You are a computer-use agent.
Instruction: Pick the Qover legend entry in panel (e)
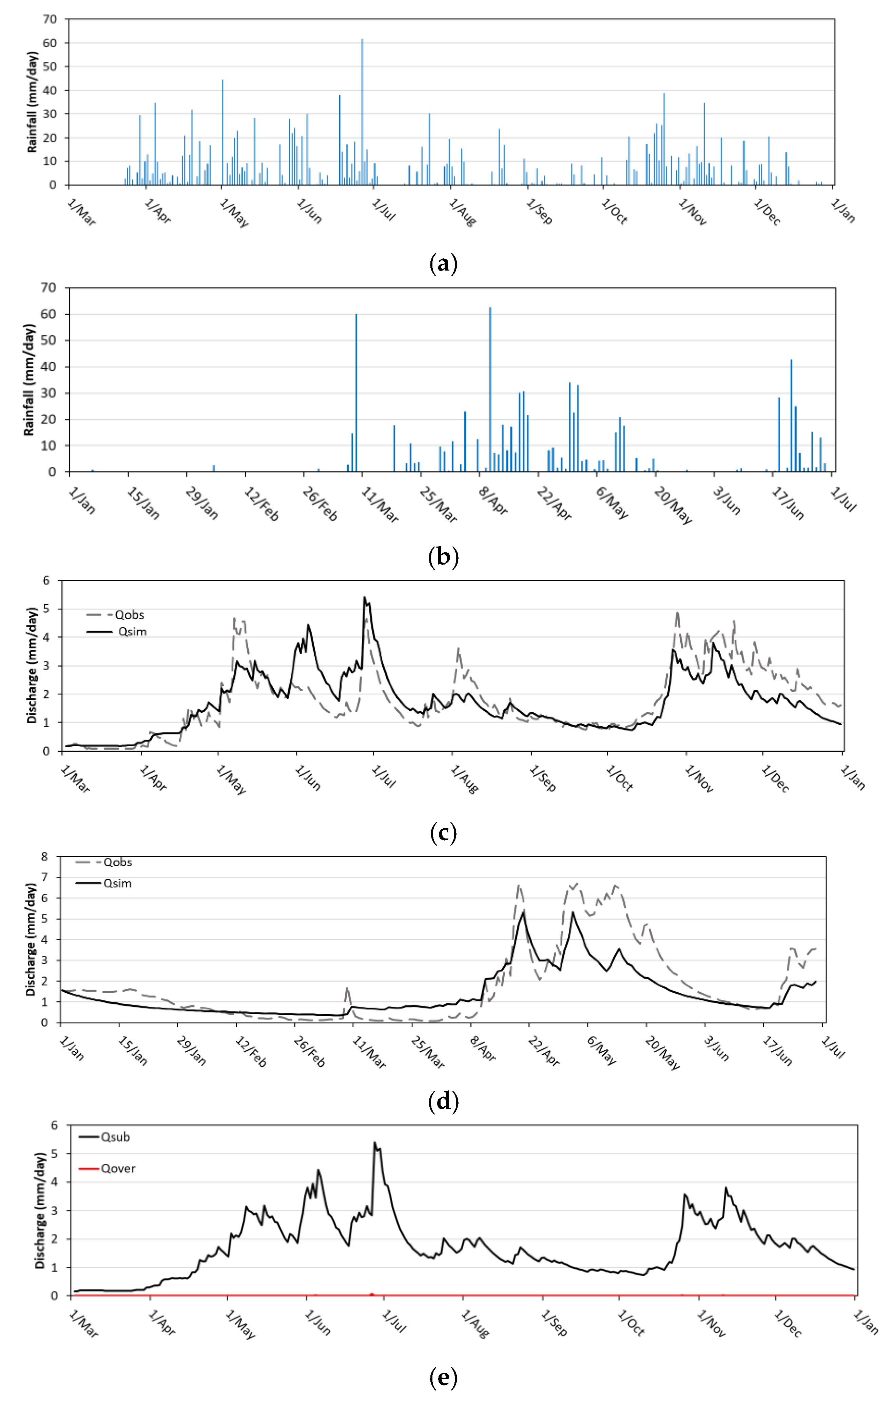pos(118,1168)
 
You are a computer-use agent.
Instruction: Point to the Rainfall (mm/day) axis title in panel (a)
pos(33,102)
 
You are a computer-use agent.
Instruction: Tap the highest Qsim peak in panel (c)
pos(365,597)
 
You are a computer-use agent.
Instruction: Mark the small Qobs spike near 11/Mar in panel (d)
pos(347,988)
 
